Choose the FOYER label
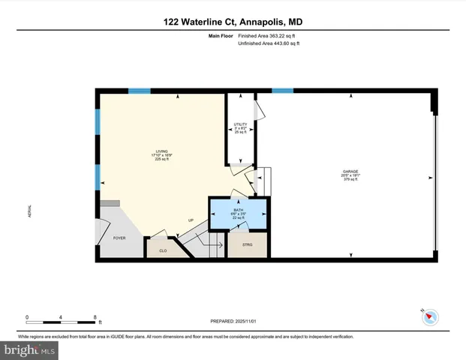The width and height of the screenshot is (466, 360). click(119, 238)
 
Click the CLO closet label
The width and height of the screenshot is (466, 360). click(162, 250)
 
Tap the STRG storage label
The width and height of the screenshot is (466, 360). click(247, 245)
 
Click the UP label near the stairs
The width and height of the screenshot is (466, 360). click(191, 220)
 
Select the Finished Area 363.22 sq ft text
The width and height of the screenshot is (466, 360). click(269, 36)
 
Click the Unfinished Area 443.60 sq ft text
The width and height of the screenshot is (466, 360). click(269, 43)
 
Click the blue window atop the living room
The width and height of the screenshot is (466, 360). click(139, 91)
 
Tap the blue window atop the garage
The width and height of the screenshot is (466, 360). click(282, 91)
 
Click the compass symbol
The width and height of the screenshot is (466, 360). click(429, 317)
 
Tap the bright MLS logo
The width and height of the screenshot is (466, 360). click(30, 349)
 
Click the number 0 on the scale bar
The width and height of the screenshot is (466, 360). click(27, 317)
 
